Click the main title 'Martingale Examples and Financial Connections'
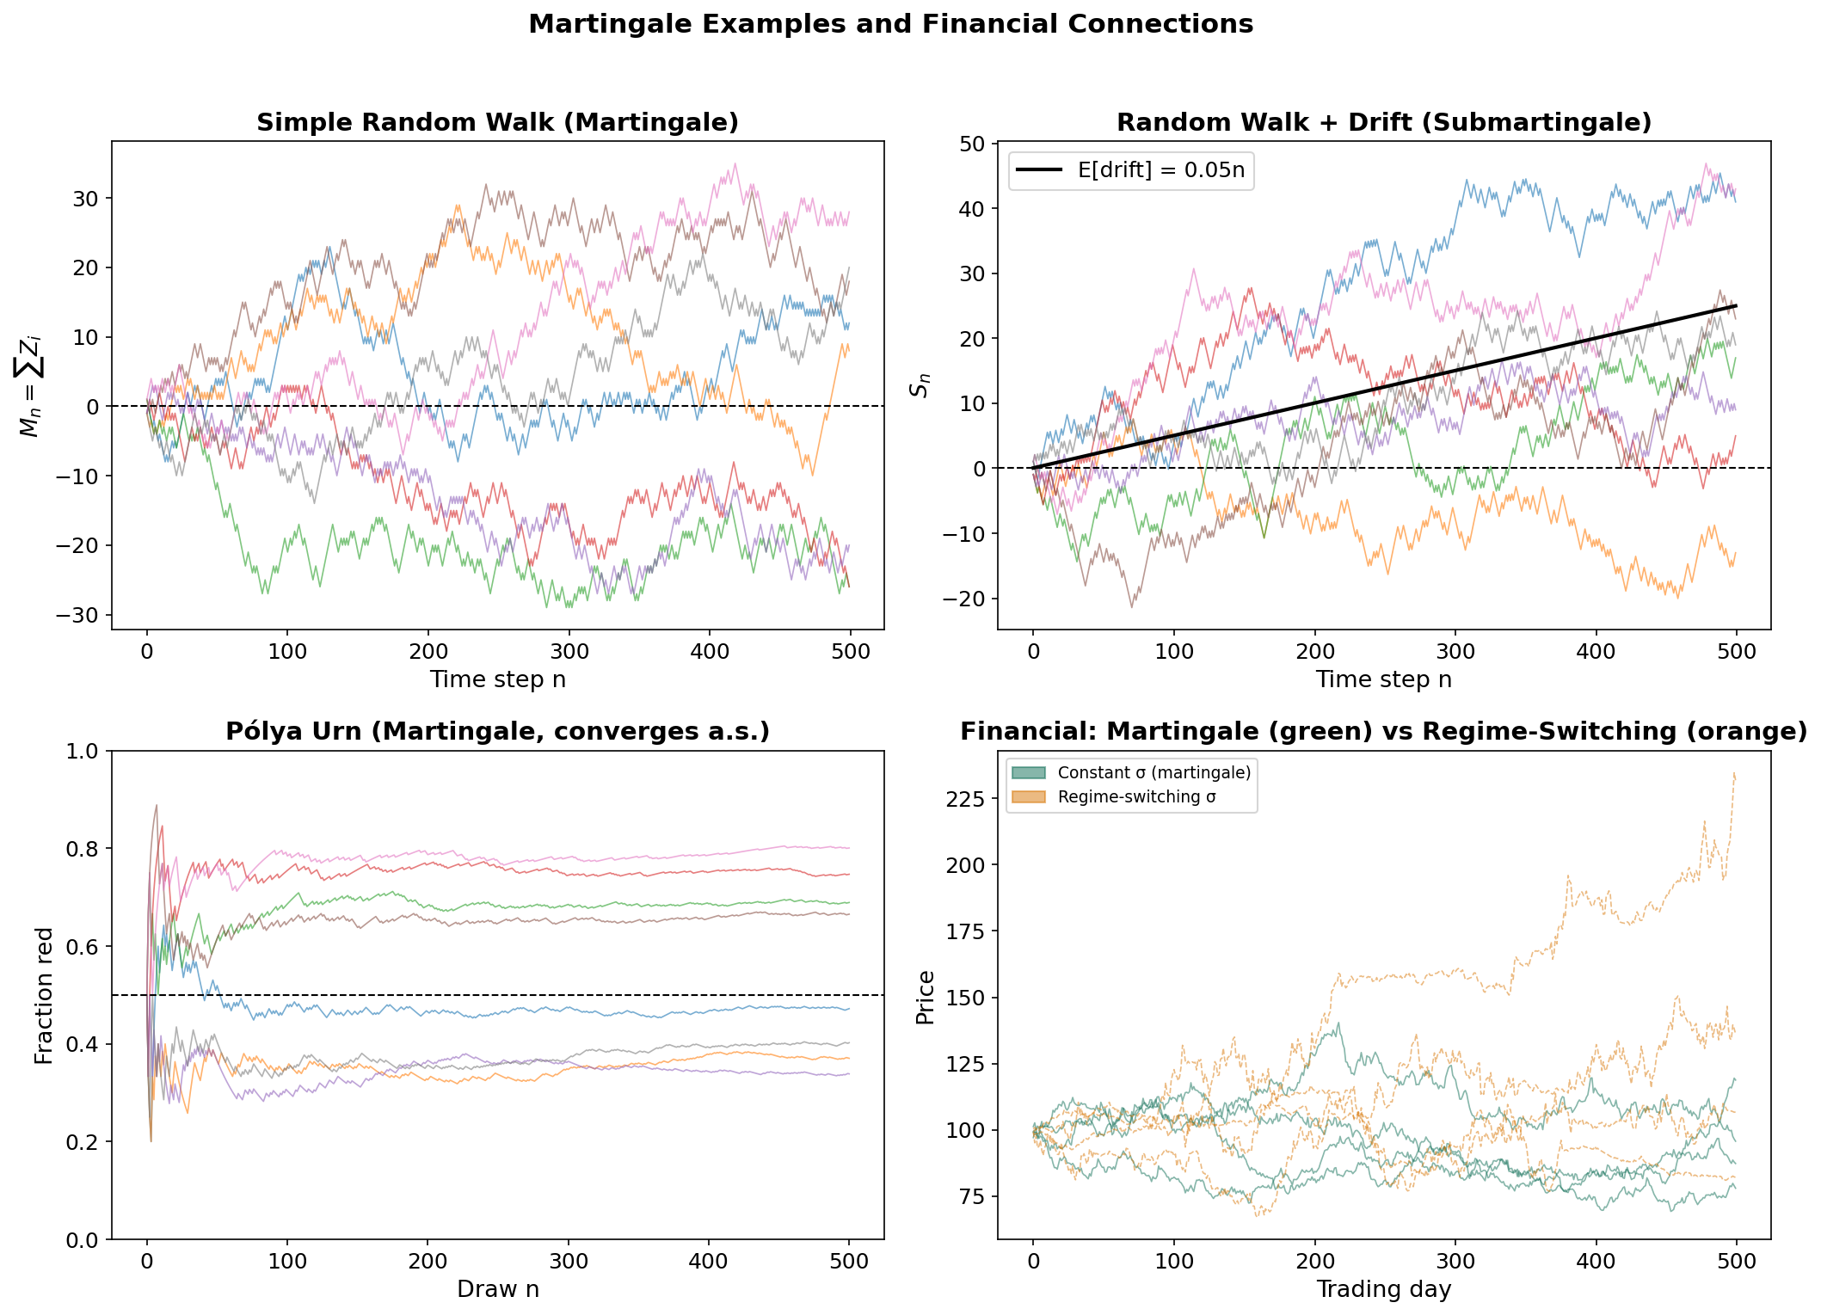point(890,24)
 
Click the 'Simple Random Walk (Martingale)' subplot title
point(497,122)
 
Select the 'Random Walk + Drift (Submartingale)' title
point(1383,122)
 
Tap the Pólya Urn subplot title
point(497,731)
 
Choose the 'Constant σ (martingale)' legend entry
point(1154,772)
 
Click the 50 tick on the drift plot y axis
point(972,144)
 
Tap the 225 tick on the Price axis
point(966,798)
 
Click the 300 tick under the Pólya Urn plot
point(568,1262)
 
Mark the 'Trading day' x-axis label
point(1383,1289)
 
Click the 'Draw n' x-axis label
point(497,1289)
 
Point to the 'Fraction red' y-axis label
point(44,995)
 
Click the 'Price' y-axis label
point(925,997)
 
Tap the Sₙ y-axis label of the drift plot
point(920,384)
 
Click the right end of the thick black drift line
point(1735,306)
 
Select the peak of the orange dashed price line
point(1733,773)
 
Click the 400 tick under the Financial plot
point(1595,1262)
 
